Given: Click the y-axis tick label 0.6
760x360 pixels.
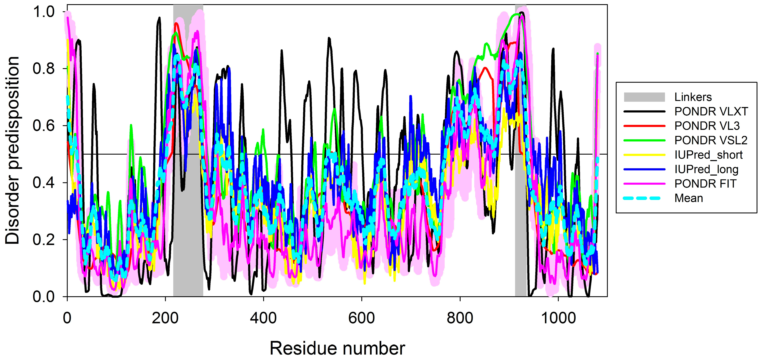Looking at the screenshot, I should (43, 126).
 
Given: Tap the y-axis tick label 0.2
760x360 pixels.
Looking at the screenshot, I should (43, 240).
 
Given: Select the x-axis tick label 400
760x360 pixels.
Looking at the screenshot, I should (263, 318).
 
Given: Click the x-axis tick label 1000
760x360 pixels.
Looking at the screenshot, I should (558, 318).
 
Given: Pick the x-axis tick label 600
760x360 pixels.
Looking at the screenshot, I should (361, 318).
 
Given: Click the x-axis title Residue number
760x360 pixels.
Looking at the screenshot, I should (337, 348).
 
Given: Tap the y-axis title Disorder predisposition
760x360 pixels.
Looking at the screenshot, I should (12, 150).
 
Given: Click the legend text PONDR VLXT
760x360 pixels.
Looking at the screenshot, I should (711, 112).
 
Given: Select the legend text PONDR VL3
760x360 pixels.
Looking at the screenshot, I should (707, 126).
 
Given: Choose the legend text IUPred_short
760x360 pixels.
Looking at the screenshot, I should (708, 155).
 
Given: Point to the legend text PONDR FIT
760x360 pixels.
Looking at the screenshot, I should (705, 184).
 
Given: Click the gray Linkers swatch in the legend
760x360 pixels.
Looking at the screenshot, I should (644, 97).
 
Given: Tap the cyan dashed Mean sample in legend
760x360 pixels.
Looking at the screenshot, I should (644, 198).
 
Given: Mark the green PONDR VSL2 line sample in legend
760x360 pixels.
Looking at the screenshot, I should (644, 141).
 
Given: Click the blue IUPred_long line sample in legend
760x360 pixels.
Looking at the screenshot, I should (644, 169).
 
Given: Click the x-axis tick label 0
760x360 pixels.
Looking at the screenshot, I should (67, 318).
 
